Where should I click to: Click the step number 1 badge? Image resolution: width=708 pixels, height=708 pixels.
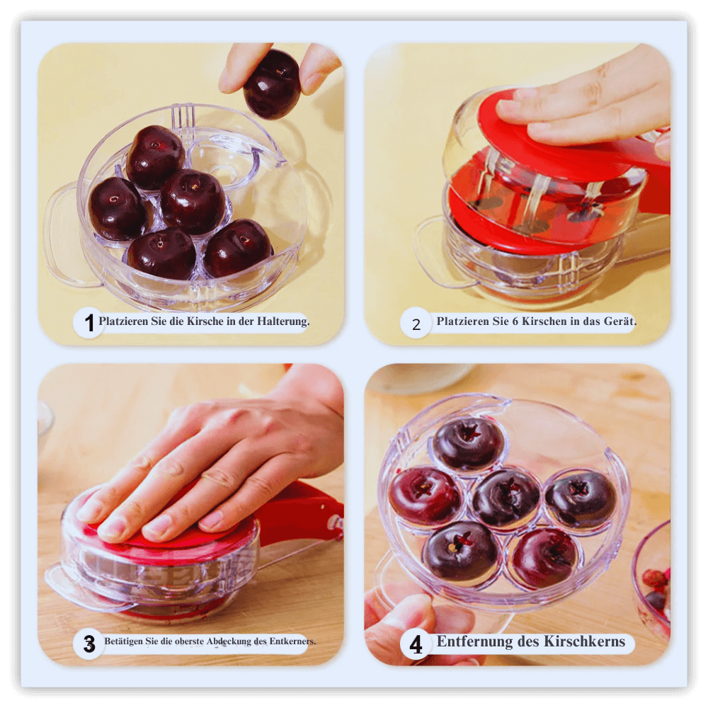(x=89, y=323)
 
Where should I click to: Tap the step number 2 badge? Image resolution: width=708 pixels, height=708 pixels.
(x=416, y=323)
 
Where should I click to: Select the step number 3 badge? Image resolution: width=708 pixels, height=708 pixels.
(x=89, y=644)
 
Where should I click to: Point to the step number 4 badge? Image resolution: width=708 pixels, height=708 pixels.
(x=416, y=644)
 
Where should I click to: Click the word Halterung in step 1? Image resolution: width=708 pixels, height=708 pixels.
(x=283, y=321)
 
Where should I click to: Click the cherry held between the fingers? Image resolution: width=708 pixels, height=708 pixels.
(x=272, y=84)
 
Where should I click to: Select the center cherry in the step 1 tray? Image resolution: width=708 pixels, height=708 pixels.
(x=193, y=201)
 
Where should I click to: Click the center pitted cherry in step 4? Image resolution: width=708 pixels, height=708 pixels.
(x=506, y=498)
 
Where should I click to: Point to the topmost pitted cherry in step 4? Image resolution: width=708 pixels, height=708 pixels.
(x=468, y=443)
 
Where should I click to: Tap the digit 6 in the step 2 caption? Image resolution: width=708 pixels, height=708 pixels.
(x=515, y=321)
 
